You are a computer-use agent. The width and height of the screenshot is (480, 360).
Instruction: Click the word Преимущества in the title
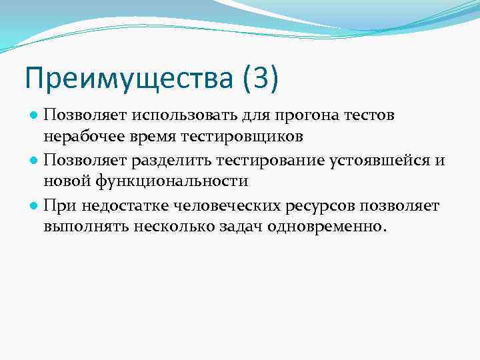pos(128,79)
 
